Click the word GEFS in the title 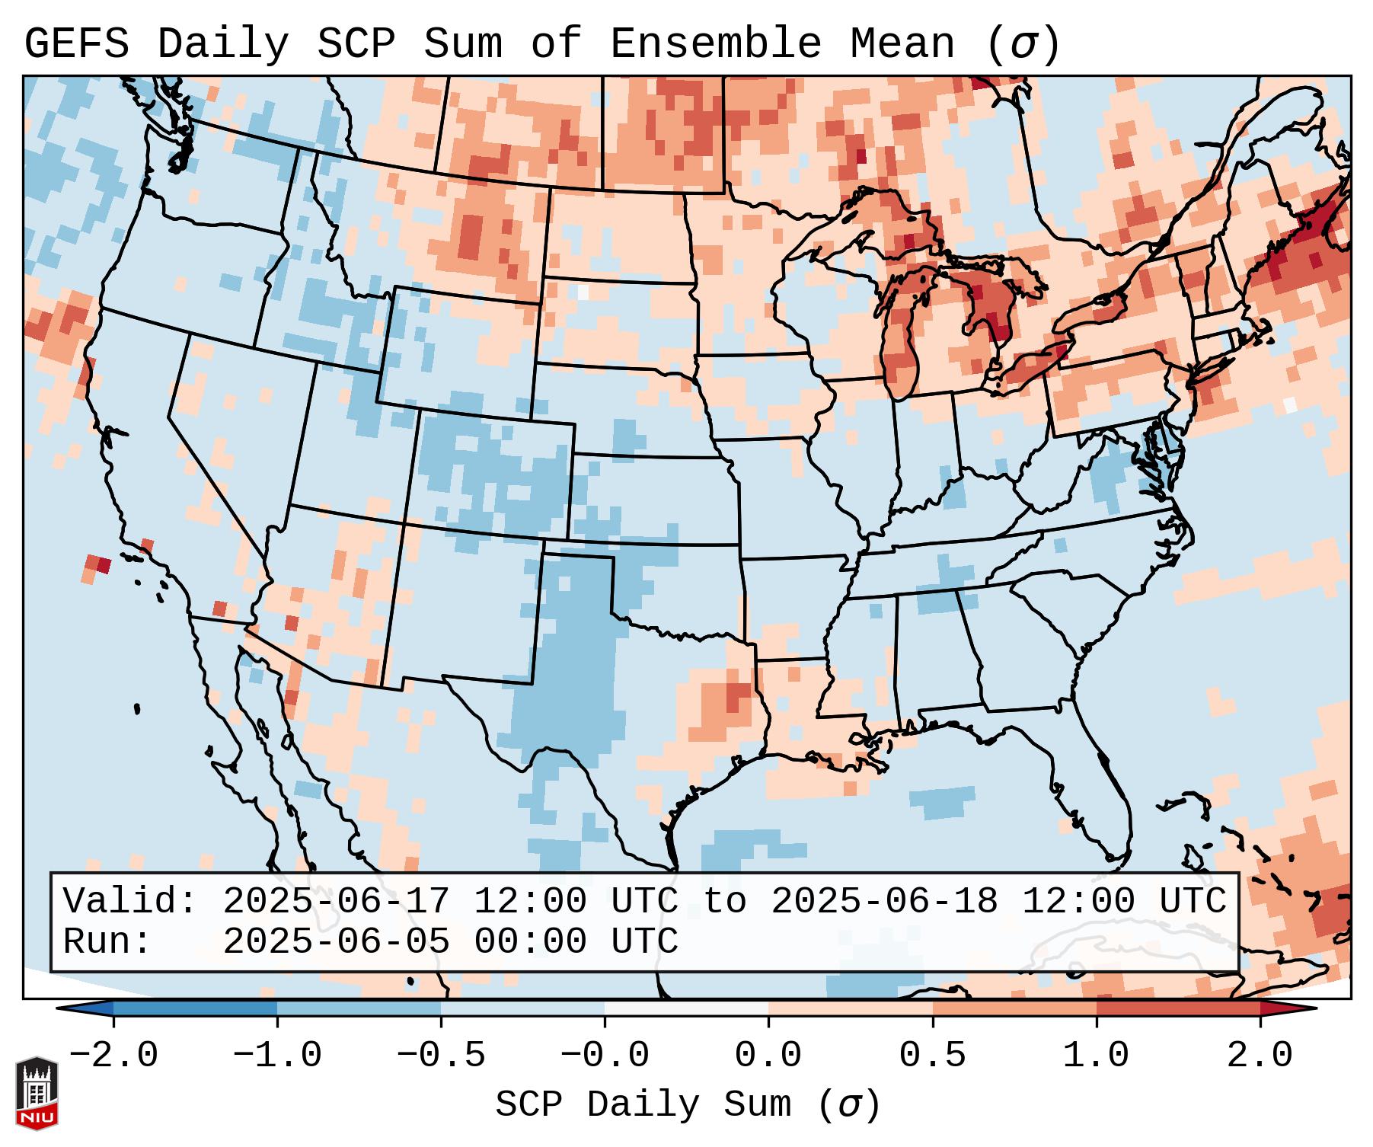tap(76, 44)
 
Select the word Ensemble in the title tap(716, 44)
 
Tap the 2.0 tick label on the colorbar tap(1260, 1056)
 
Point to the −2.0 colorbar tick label tap(113, 1056)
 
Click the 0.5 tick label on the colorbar tap(932, 1056)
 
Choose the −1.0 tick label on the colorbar tap(277, 1056)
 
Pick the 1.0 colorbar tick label tap(1096, 1056)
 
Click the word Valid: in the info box tap(130, 901)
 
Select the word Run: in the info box tap(107, 942)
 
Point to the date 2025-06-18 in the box tap(884, 901)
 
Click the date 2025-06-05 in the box tap(336, 942)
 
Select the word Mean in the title tap(902, 44)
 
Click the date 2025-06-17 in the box tap(336, 901)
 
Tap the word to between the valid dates tap(724, 901)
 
